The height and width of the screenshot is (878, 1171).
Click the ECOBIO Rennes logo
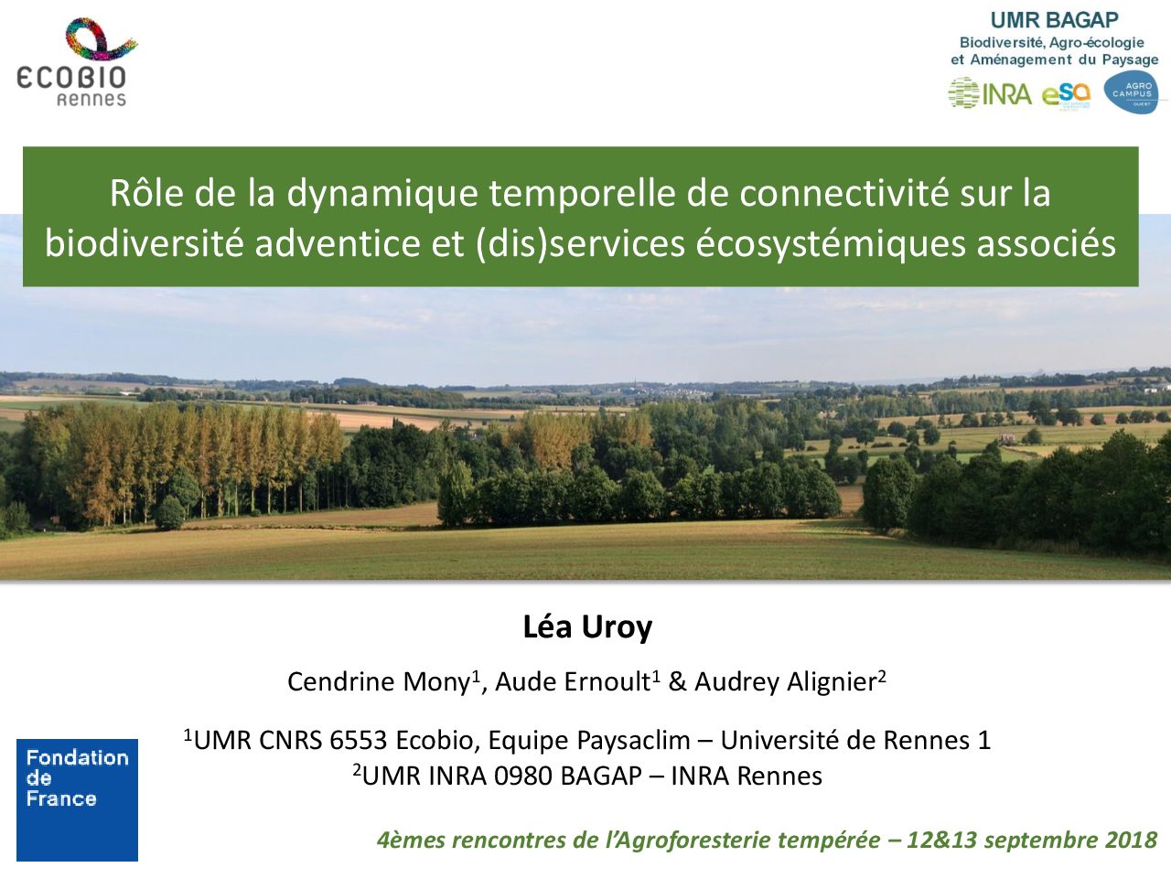click(75, 62)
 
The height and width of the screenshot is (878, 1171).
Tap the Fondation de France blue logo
click(78, 799)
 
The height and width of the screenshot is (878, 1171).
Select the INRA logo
click(990, 94)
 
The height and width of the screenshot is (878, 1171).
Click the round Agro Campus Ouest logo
click(1131, 92)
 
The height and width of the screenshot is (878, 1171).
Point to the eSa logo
click(1066, 96)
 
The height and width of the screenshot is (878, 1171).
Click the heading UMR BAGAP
click(1054, 20)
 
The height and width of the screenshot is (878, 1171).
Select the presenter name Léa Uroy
click(587, 627)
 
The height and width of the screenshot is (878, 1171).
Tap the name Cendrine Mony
click(379, 682)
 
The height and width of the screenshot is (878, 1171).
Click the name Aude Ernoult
click(573, 682)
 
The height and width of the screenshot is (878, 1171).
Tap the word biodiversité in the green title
click(144, 243)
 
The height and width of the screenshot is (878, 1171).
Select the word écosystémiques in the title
click(831, 244)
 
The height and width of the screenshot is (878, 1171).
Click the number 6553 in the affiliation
click(358, 740)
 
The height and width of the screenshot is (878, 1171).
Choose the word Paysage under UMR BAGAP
click(1131, 60)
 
